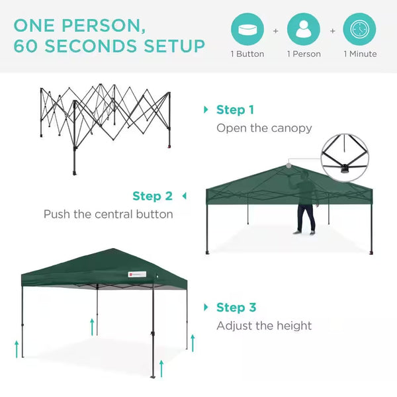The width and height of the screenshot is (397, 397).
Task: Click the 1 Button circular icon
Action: pos(247,30)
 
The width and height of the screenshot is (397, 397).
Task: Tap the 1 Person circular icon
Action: pos(304,30)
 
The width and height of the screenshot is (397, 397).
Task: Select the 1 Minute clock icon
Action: pos(359,30)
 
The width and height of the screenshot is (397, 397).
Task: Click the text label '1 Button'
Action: pos(247,54)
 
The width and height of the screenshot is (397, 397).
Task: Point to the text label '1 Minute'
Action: pos(359,54)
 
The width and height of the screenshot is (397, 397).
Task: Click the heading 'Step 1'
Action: pos(235,110)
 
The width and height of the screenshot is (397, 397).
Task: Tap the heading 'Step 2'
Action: pos(152,196)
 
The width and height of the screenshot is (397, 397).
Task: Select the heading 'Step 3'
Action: pos(236,307)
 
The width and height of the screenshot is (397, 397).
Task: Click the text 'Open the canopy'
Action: pos(264,128)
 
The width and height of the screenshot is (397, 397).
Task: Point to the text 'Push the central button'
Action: pos(108,214)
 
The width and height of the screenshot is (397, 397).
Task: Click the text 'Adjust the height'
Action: pos(264,326)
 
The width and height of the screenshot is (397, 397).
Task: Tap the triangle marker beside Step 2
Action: pos(184,196)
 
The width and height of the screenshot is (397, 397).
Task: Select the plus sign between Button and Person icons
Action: pos(276,30)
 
